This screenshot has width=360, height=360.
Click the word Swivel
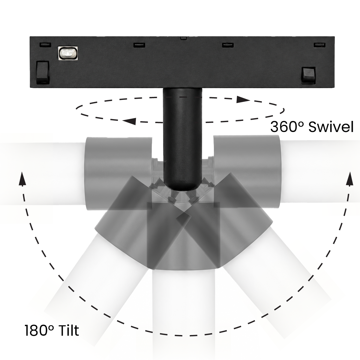331,127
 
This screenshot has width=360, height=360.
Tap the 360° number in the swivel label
287,127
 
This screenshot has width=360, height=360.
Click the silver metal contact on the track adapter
67,53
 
